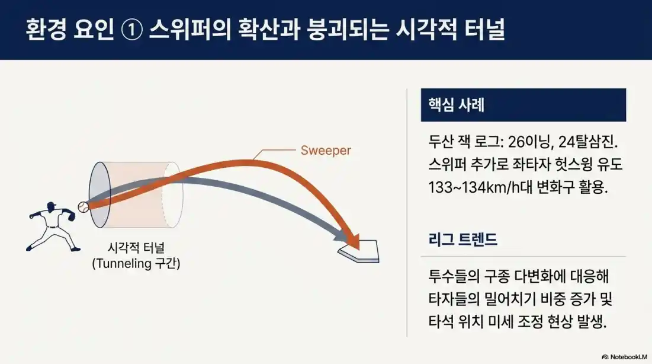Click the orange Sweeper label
coord(325,151)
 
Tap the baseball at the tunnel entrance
coord(83,207)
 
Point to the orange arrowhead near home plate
coord(354,240)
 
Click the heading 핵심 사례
coord(456,105)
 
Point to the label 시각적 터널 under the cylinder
coord(136,248)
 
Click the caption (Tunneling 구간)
coord(136,263)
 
